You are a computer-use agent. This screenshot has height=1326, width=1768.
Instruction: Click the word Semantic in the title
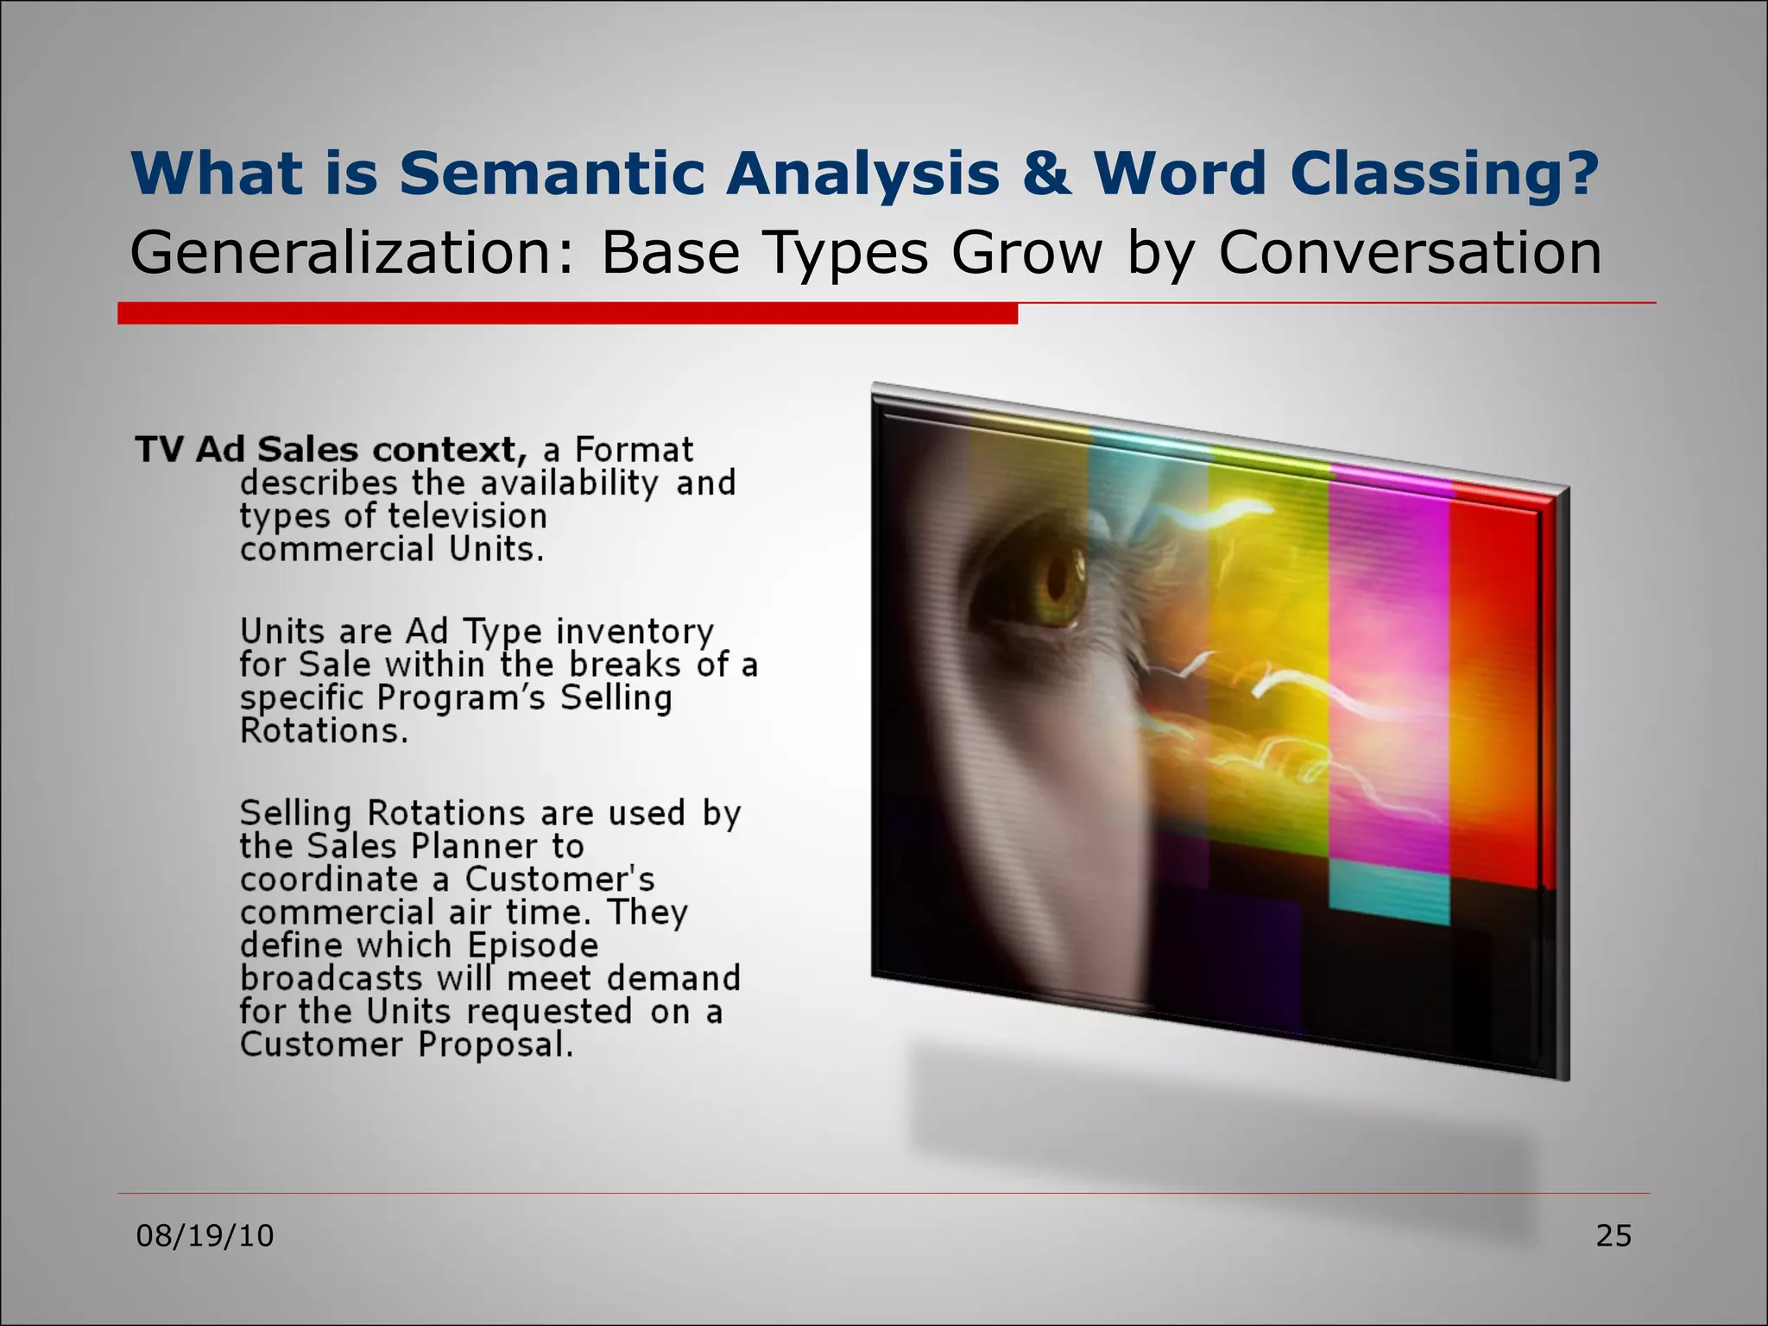pos(552,174)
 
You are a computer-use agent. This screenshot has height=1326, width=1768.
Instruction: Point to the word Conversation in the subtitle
pos(1409,253)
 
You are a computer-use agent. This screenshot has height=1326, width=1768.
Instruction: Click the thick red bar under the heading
pos(566,313)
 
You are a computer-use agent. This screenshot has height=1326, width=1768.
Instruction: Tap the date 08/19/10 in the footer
pos(205,1235)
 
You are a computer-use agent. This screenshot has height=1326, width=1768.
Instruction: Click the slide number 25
pos(1613,1235)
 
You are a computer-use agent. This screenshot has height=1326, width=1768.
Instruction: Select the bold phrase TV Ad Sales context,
pos(331,450)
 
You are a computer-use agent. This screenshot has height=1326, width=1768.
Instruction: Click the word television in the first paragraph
pos(467,516)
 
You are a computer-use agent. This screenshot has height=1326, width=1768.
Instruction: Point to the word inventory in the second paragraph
pos(635,631)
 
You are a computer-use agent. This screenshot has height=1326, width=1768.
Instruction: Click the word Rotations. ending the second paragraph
pos(324,731)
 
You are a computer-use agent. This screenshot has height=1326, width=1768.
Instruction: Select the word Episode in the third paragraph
pos(533,945)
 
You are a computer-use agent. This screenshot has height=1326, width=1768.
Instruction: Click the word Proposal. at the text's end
pos(496,1045)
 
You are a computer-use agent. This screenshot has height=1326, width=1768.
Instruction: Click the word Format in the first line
pos(634,450)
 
